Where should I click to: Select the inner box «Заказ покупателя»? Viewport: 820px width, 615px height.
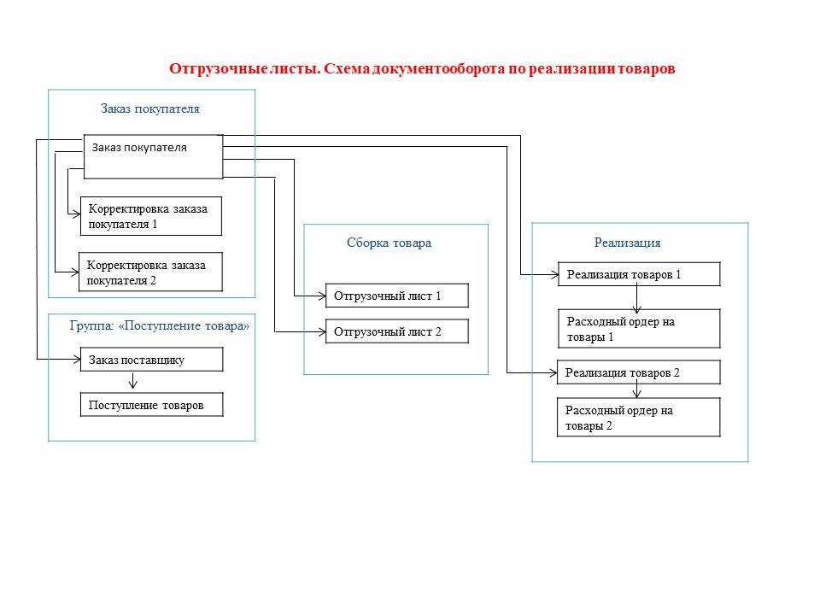pos(153,157)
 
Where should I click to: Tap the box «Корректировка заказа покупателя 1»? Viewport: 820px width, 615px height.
pos(150,216)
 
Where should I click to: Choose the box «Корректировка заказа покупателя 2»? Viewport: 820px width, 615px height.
pos(150,272)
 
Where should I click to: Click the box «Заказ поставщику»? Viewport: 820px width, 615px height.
pos(152,360)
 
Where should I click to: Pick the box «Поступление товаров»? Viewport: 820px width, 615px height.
pos(152,405)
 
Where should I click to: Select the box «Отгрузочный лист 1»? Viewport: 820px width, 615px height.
pos(397,296)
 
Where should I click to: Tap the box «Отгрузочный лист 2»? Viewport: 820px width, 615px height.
pos(397,331)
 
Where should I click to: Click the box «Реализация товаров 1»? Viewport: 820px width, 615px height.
pos(639,274)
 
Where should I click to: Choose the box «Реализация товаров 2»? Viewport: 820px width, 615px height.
pos(639,372)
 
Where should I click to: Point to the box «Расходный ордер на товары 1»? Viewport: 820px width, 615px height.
pos(639,328)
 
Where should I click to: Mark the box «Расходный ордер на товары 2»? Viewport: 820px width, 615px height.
pos(639,418)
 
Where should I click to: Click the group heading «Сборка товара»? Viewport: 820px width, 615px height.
pos(389,243)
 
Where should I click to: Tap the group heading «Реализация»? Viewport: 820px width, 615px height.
pos(627,243)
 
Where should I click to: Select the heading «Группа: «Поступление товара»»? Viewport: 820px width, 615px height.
pos(160,325)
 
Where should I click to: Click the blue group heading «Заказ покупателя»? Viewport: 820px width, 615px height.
pos(150,108)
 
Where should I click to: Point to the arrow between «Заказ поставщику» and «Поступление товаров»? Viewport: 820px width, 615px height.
pos(133,380)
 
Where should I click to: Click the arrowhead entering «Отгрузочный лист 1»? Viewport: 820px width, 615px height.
pos(322,296)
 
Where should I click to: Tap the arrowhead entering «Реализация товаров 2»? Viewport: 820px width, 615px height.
pos(553,373)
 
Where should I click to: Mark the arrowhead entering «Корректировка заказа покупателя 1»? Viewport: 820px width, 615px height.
pos(76,214)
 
